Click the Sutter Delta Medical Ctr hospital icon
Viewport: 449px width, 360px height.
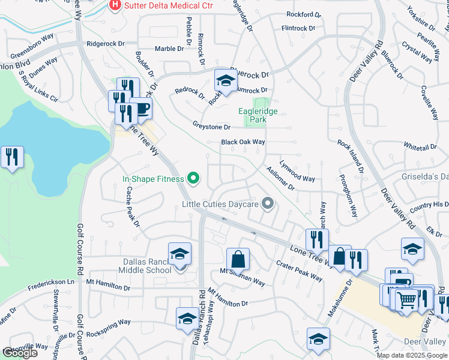(114, 6)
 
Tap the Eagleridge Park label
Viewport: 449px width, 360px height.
(261, 115)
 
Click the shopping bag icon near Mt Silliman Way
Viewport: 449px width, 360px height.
(238, 259)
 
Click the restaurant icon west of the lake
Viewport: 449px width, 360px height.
(12, 157)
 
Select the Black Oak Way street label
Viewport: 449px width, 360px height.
(243, 142)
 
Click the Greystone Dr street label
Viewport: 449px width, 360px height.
(211, 127)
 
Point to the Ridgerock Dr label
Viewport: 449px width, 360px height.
(105, 44)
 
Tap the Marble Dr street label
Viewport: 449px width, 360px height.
(169, 49)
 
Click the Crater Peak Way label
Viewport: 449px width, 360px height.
(300, 268)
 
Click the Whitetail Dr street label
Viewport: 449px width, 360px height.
(420, 146)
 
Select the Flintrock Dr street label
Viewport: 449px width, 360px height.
(298, 28)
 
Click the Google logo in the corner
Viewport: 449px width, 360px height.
(19, 353)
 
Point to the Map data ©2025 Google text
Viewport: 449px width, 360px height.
(412, 355)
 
